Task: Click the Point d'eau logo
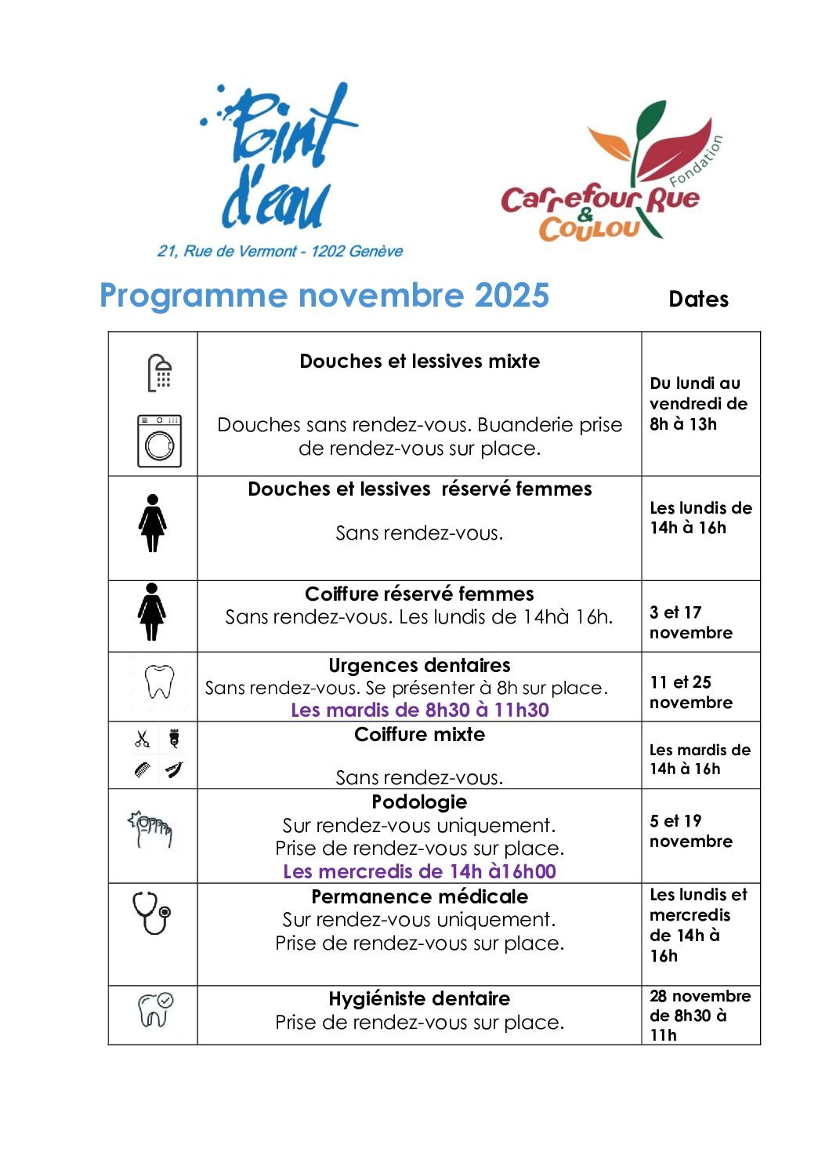tap(279, 157)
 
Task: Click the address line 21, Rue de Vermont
tap(281, 252)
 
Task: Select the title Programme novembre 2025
tap(324, 296)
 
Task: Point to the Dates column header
tap(698, 299)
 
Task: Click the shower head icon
tap(160, 372)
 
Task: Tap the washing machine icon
tap(160, 441)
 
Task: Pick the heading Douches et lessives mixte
tap(419, 362)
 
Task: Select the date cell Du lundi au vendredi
tap(698, 404)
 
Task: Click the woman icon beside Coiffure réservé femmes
tap(152, 612)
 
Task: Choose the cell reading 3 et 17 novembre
tap(690, 623)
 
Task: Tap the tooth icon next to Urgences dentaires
tap(160, 682)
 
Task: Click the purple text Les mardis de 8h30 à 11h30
tap(419, 711)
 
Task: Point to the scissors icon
tap(142, 739)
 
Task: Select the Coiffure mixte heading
tap(419, 735)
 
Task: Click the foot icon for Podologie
tap(152, 829)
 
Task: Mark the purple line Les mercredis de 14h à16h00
tap(419, 872)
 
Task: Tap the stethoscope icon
tap(152, 912)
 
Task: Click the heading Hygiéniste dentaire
tap(419, 999)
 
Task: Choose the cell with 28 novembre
tap(700, 1015)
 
